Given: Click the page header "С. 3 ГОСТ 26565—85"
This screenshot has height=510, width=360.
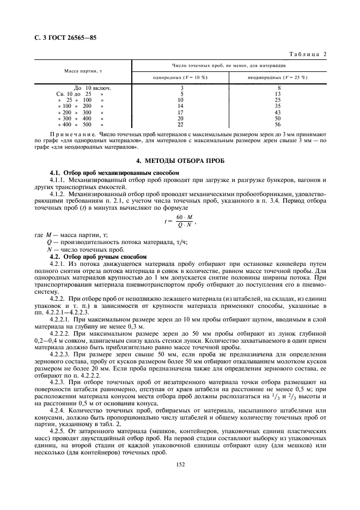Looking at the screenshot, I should click(x=60, y=38).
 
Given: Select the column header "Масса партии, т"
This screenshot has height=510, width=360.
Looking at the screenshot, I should click(x=83, y=71).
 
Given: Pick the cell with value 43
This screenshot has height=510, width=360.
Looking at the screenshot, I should click(x=278, y=112).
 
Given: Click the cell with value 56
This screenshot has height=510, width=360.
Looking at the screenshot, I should click(x=278, y=124).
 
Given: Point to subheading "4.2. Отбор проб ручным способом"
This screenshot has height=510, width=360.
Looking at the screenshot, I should click(x=98, y=256).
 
